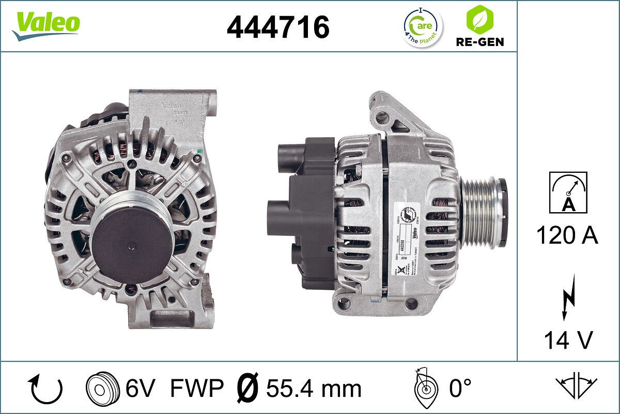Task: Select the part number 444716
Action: click(x=278, y=27)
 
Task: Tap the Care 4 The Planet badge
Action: click(x=422, y=27)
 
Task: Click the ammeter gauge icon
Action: click(x=568, y=193)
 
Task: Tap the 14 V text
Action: click(x=567, y=340)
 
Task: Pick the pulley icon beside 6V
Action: click(x=99, y=389)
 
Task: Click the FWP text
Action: click(x=196, y=389)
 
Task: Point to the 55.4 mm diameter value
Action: click(x=313, y=389)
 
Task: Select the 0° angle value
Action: click(x=460, y=389)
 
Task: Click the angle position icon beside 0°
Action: click(x=425, y=389)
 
